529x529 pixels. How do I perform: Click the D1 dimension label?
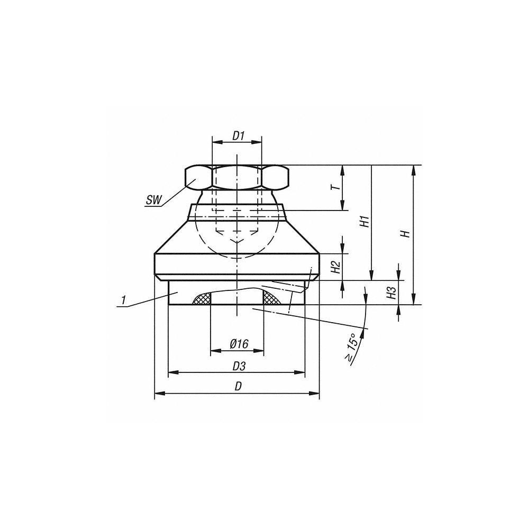tap(238, 135)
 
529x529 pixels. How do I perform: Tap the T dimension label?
tap(333, 188)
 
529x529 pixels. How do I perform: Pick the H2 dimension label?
tap(334, 267)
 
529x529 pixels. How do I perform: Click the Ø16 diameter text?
tap(239, 344)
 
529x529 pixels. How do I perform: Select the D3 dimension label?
tap(239, 366)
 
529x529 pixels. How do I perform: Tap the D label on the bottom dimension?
tap(239, 387)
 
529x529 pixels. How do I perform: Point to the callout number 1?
tap(123, 300)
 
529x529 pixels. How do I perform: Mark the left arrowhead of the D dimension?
tap(158, 393)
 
